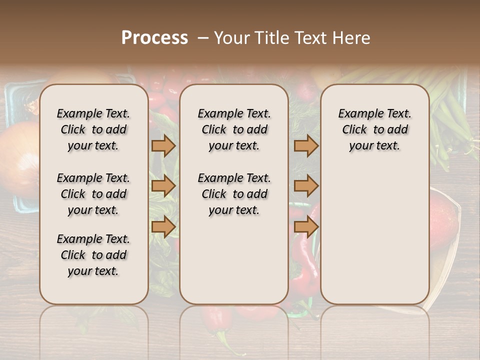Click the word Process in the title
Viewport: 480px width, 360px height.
(x=154, y=38)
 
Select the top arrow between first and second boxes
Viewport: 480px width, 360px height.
(x=163, y=145)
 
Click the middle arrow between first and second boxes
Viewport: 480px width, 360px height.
(x=163, y=186)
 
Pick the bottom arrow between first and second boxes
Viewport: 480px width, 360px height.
(x=163, y=227)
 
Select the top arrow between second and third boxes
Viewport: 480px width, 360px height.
(x=306, y=145)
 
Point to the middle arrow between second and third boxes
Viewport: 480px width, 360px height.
(x=306, y=186)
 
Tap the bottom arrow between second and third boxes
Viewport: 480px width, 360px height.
(x=306, y=227)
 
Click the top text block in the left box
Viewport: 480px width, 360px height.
(x=93, y=129)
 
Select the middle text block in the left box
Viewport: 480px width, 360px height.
(x=93, y=194)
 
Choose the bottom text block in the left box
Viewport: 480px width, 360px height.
(x=93, y=255)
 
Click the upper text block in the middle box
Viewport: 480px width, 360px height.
(x=234, y=129)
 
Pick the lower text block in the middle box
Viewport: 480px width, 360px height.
(x=234, y=194)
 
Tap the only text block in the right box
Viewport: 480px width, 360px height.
(x=375, y=129)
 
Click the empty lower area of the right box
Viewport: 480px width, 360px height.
(x=375, y=235)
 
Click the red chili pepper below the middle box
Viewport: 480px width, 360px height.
(x=219, y=320)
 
